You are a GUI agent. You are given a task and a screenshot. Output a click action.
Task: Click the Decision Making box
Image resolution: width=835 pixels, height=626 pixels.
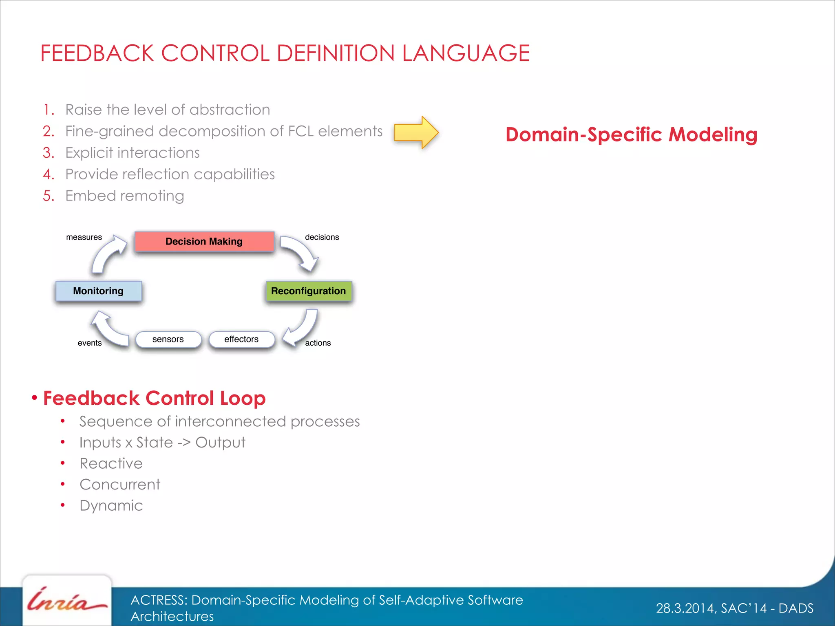click(204, 241)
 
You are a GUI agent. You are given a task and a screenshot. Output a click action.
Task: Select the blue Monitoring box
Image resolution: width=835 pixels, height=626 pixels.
click(98, 291)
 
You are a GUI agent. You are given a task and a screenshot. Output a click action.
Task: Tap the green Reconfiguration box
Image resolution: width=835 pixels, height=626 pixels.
click(308, 291)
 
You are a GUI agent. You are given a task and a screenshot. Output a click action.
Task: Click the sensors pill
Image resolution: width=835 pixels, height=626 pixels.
click(168, 339)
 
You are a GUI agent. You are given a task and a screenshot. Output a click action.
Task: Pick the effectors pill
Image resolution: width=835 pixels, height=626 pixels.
click(241, 339)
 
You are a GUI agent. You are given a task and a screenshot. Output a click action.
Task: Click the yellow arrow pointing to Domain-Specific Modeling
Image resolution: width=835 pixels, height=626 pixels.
click(416, 132)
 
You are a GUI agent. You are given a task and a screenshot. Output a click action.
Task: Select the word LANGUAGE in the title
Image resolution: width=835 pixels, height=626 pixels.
click(466, 53)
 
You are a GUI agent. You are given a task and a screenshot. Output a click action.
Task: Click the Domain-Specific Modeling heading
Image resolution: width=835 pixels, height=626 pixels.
click(631, 134)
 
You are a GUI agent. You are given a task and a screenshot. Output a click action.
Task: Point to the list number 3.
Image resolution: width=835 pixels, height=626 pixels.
click(48, 153)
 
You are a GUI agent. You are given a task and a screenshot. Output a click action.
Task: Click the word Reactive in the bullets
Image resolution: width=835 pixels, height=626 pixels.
click(111, 463)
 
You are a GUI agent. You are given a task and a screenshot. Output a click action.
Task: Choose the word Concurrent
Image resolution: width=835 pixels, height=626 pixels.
click(120, 485)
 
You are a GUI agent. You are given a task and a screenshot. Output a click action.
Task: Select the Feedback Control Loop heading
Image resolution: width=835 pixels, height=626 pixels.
click(154, 398)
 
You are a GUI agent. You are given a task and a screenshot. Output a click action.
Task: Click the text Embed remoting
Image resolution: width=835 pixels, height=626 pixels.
click(125, 196)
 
